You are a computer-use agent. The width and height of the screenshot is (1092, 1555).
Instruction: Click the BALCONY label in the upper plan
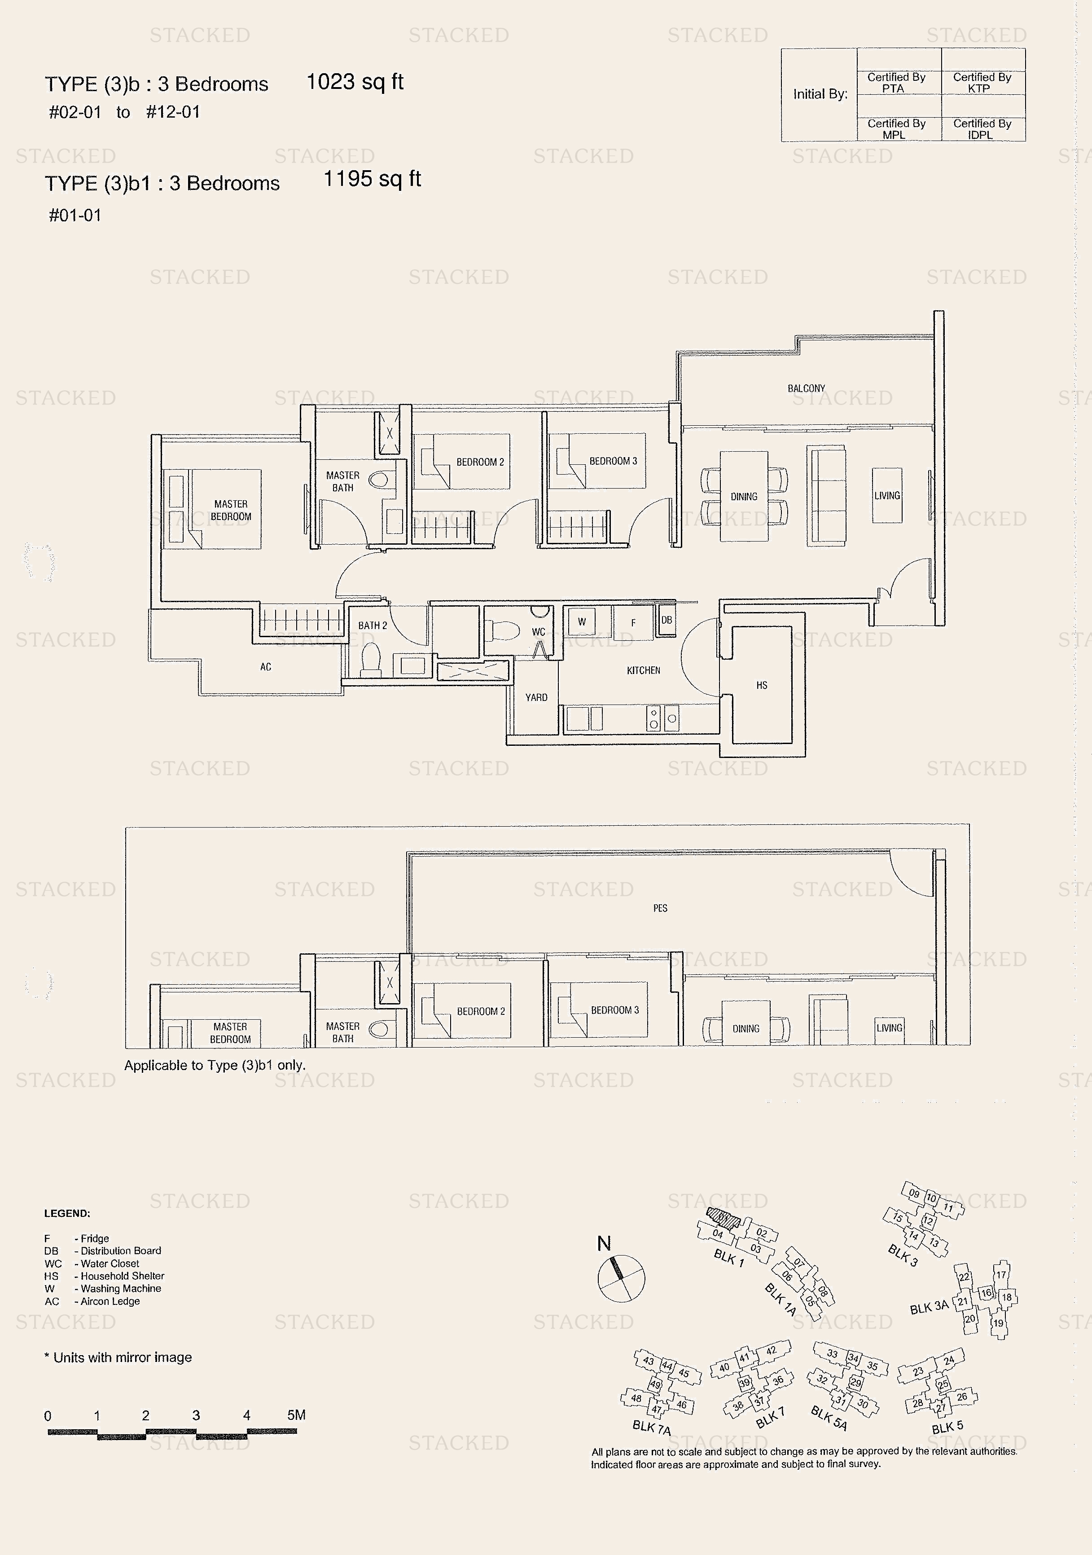tap(806, 388)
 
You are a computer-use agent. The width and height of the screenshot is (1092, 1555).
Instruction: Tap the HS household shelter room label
tap(762, 685)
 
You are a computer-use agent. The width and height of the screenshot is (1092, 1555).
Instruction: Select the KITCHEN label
tap(643, 670)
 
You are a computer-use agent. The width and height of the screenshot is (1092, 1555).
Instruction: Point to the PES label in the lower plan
tap(660, 908)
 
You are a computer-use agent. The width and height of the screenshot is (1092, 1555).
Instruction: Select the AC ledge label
tap(265, 667)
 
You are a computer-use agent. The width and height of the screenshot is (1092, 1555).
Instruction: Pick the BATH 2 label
tap(373, 625)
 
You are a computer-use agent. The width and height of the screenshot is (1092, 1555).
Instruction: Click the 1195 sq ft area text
tap(373, 179)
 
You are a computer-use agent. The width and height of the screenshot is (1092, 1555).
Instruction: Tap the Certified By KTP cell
tap(982, 83)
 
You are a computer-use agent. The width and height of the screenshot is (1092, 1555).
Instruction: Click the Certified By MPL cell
tap(896, 129)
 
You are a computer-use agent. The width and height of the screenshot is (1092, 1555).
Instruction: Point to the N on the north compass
tap(604, 1243)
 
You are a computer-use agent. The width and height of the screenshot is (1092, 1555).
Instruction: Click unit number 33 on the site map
tap(832, 1354)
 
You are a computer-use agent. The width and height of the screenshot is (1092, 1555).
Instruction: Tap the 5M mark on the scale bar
tap(296, 1415)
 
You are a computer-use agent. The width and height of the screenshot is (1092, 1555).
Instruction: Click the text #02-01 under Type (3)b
tap(75, 112)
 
